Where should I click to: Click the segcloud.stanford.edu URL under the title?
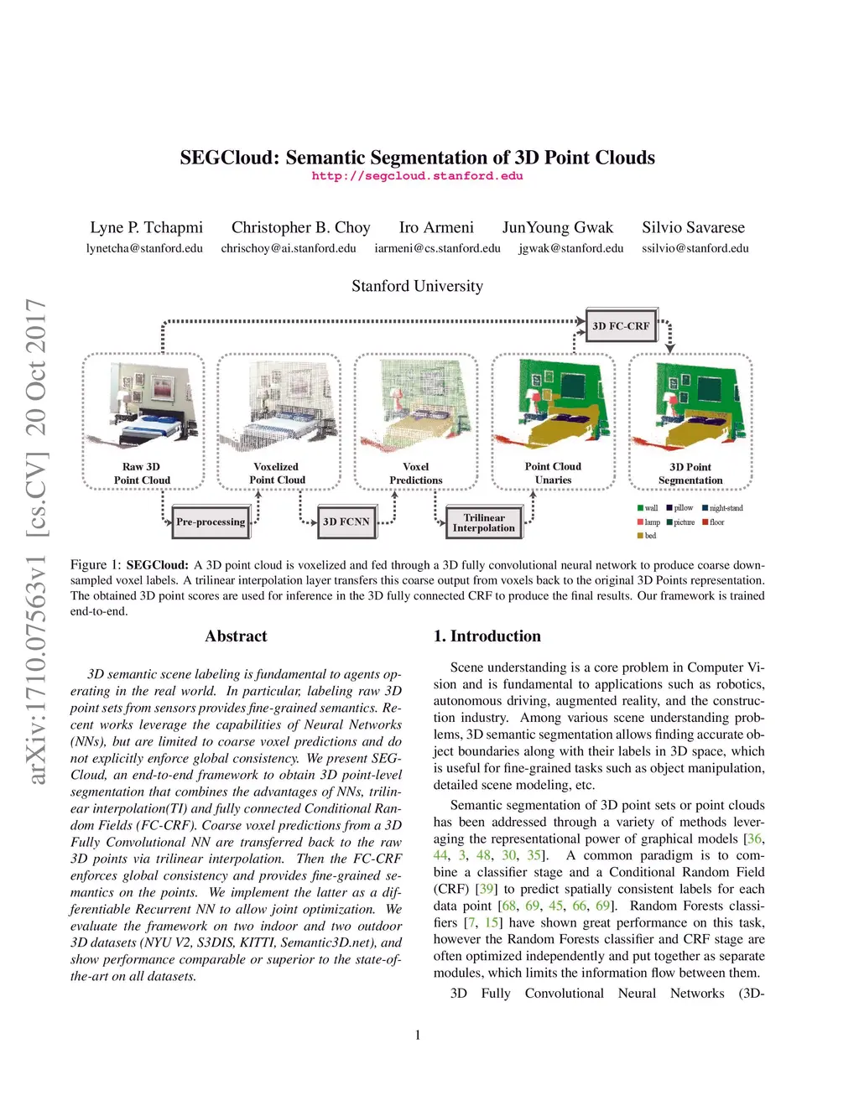417,176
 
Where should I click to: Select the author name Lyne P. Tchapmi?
146,227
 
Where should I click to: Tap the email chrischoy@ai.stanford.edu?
289,248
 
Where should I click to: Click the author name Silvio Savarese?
693,227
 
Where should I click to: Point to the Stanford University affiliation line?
417,286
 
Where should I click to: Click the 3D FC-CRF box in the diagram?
621,326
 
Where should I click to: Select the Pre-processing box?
211,522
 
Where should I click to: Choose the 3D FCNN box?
346,522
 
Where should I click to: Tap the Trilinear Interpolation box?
484,522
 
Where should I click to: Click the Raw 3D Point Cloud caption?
142,474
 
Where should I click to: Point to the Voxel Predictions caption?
415,474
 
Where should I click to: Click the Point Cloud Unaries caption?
553,474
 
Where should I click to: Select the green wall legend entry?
648,508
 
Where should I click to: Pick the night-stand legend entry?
722,508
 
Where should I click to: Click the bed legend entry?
647,536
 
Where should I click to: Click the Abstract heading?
236,636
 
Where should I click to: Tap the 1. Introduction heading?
487,636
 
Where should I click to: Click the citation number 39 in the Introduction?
487,889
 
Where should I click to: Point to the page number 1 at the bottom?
418,1035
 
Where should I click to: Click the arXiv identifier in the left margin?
35,541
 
